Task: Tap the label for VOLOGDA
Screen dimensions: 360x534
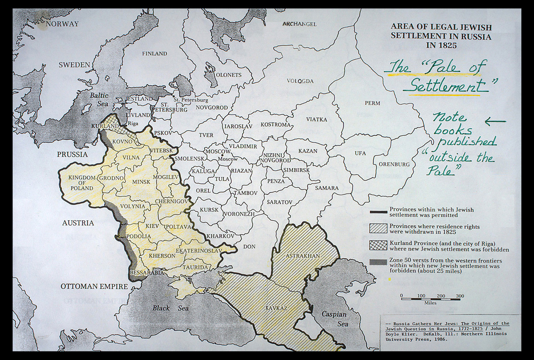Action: (300, 81)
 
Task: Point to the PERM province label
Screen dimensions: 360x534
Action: (372, 103)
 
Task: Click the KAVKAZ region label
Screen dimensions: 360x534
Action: (276, 308)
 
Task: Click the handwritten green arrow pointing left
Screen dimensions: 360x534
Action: (495, 121)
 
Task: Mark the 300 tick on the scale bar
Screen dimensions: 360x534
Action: (460, 296)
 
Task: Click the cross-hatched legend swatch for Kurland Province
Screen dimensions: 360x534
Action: (378, 246)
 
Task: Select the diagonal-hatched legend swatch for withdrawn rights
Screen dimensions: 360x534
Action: (378, 228)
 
